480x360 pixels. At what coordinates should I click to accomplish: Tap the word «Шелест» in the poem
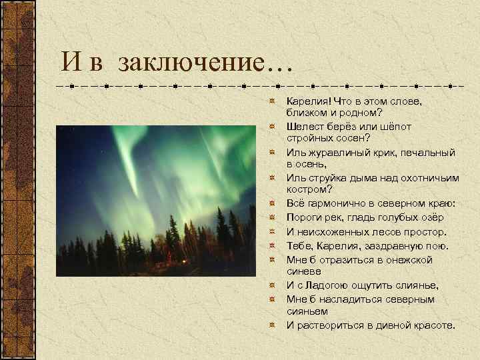[304, 126]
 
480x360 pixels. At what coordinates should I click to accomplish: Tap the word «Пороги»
[303, 217]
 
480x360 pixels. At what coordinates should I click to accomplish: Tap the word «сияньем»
[306, 311]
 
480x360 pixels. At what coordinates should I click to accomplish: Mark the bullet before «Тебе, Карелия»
[272, 246]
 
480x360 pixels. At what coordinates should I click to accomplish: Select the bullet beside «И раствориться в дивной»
[272, 325]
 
